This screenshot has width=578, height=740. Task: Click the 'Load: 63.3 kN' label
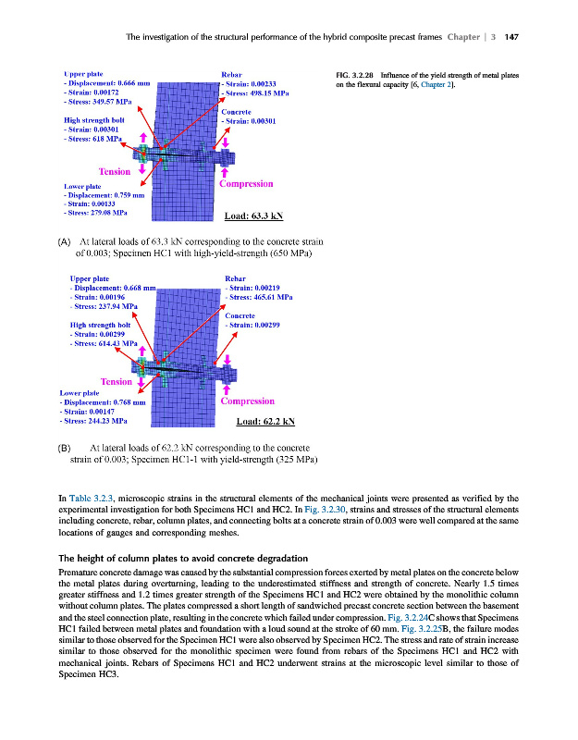coord(253,217)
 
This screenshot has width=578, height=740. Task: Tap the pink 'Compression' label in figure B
coord(247,401)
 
